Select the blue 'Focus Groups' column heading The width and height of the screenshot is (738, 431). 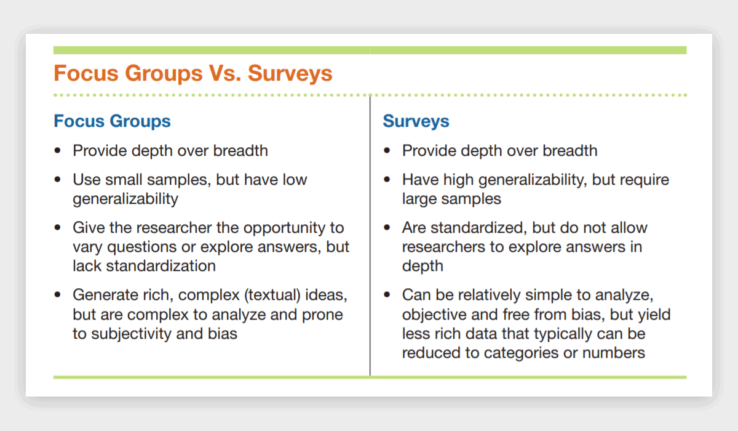pyautogui.click(x=112, y=121)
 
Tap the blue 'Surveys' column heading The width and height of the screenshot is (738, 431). pyautogui.click(x=416, y=121)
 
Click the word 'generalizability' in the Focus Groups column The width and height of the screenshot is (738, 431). pyautogui.click(x=125, y=199)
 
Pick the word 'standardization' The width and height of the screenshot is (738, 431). pyautogui.click(x=161, y=266)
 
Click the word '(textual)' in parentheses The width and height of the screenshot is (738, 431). pyautogui.click(x=272, y=295)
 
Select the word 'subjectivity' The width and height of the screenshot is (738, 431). pyautogui.click(x=131, y=334)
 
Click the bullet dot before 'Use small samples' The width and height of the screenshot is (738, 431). pyautogui.click(x=58, y=180)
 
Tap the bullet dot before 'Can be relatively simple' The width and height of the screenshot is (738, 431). pyautogui.click(x=387, y=295)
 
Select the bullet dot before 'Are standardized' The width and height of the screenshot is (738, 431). pyautogui.click(x=387, y=228)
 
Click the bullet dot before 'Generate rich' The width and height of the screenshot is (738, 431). pyautogui.click(x=58, y=295)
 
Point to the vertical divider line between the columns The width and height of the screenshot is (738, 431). pyautogui.click(x=370, y=235)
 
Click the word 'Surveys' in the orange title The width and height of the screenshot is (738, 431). pyautogui.click(x=290, y=73)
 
